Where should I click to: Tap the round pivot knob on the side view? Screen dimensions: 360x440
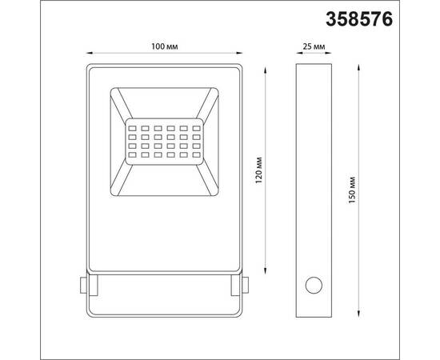pos(313,285)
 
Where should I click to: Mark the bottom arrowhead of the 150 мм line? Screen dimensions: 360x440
pos(358,315)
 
